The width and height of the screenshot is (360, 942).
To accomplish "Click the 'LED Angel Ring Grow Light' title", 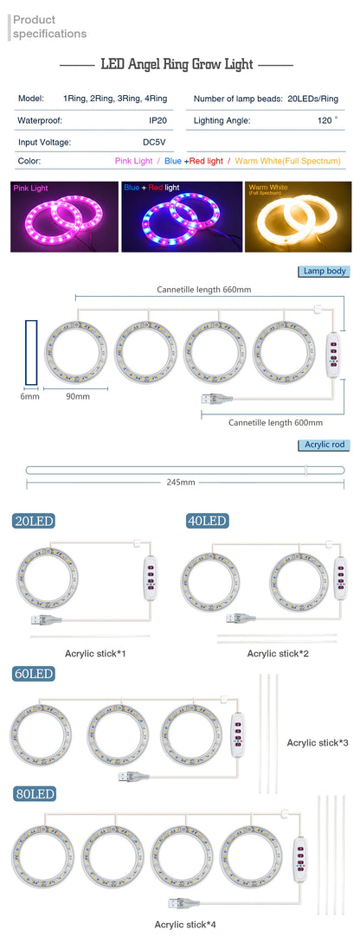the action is (x=177, y=65).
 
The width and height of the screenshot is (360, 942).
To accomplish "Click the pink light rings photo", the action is (x=64, y=216).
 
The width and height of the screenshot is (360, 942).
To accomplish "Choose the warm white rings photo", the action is (x=298, y=216).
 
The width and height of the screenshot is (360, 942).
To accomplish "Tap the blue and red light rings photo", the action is (x=182, y=216).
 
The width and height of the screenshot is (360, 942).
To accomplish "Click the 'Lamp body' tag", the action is (x=324, y=271).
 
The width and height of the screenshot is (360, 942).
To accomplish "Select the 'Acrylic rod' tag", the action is (x=325, y=445).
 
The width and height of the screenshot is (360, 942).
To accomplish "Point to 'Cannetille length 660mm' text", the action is (x=203, y=290).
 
